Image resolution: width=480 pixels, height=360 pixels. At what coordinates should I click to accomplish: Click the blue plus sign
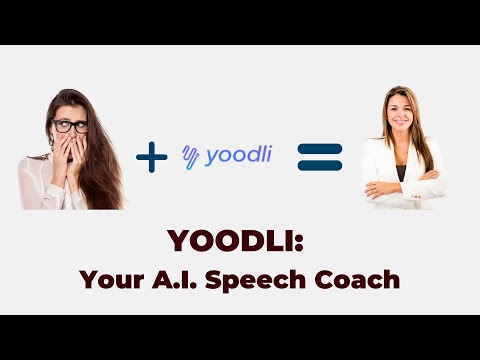click(x=150, y=156)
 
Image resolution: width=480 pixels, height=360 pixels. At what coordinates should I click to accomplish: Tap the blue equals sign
click(x=320, y=156)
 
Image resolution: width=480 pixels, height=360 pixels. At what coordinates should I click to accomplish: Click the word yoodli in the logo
click(x=239, y=156)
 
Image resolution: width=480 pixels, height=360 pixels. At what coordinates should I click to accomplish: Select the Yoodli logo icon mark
click(x=191, y=155)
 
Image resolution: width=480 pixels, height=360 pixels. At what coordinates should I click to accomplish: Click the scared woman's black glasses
click(x=70, y=126)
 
